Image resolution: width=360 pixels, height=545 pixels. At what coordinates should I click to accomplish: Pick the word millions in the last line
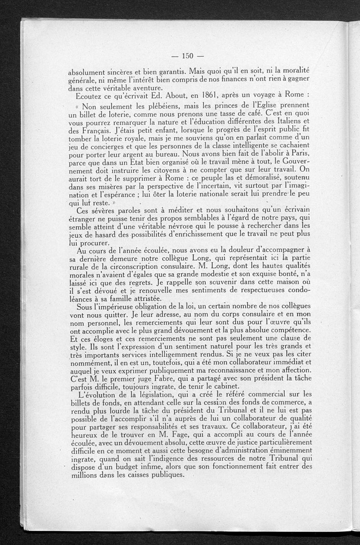[x=87, y=475]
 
